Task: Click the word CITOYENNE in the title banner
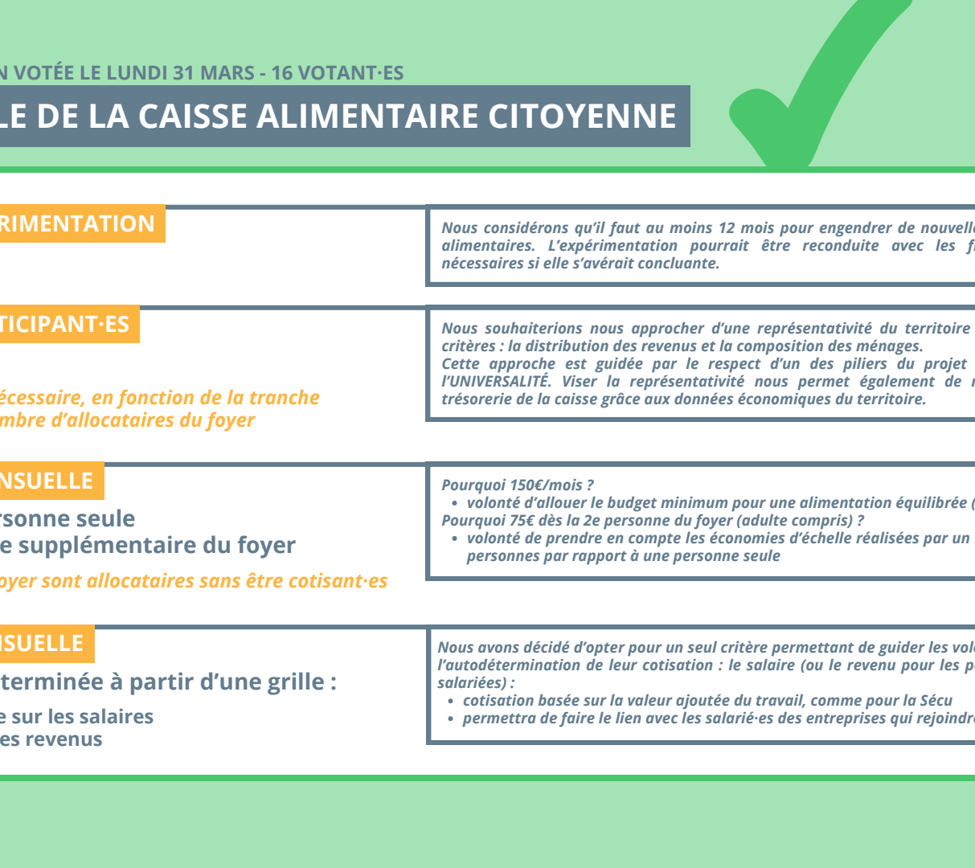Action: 582,117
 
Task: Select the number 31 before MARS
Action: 184,73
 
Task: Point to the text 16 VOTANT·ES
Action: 337,73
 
